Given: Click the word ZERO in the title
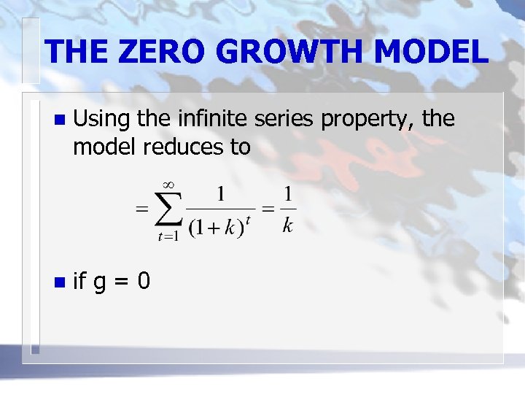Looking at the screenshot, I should click(148, 53).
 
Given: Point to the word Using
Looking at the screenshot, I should click(99, 120).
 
